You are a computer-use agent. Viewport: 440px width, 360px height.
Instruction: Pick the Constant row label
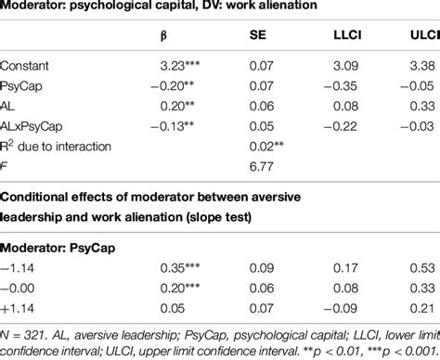(26, 67)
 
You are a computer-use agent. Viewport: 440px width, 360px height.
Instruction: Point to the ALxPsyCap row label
(34, 127)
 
